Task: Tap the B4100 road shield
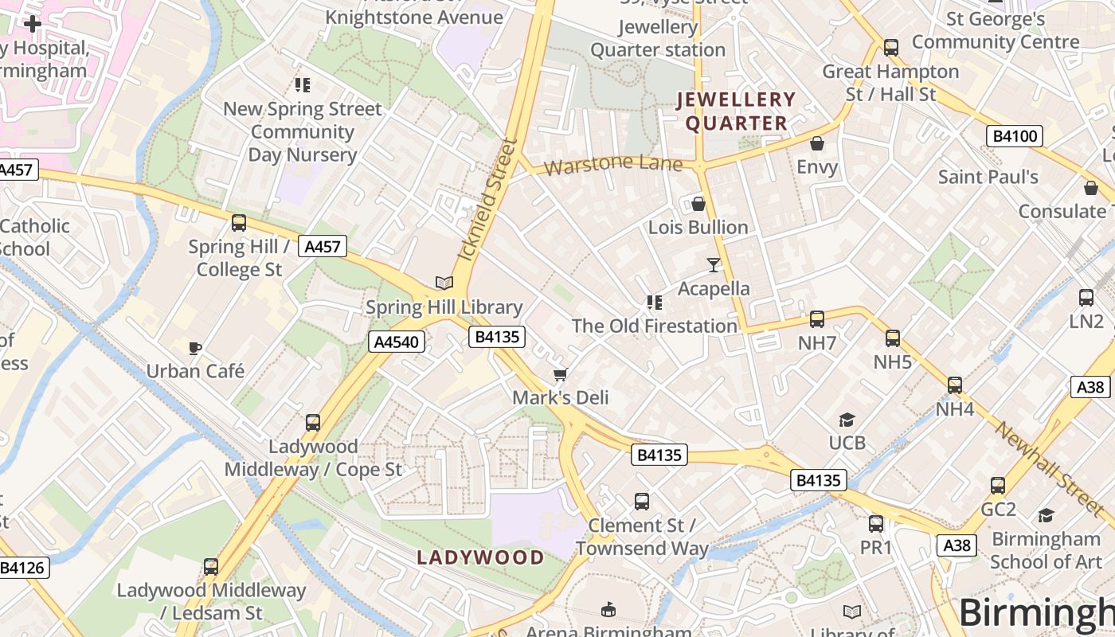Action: point(1015,136)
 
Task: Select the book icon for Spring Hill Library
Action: point(444,283)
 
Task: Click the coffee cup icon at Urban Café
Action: point(195,348)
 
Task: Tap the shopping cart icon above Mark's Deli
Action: point(561,374)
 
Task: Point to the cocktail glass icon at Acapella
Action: point(714,264)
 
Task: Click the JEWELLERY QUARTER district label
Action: point(736,111)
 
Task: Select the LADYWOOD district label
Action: point(480,557)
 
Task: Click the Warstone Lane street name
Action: point(613,166)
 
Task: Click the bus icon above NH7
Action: point(817,319)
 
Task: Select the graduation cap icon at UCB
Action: point(847,420)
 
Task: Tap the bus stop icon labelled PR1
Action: point(876,524)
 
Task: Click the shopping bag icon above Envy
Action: point(817,144)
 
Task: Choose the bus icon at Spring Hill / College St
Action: point(238,223)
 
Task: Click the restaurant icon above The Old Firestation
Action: point(655,303)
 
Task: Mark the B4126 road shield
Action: point(23,568)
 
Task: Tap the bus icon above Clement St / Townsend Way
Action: point(642,502)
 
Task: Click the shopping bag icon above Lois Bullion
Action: point(698,205)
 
